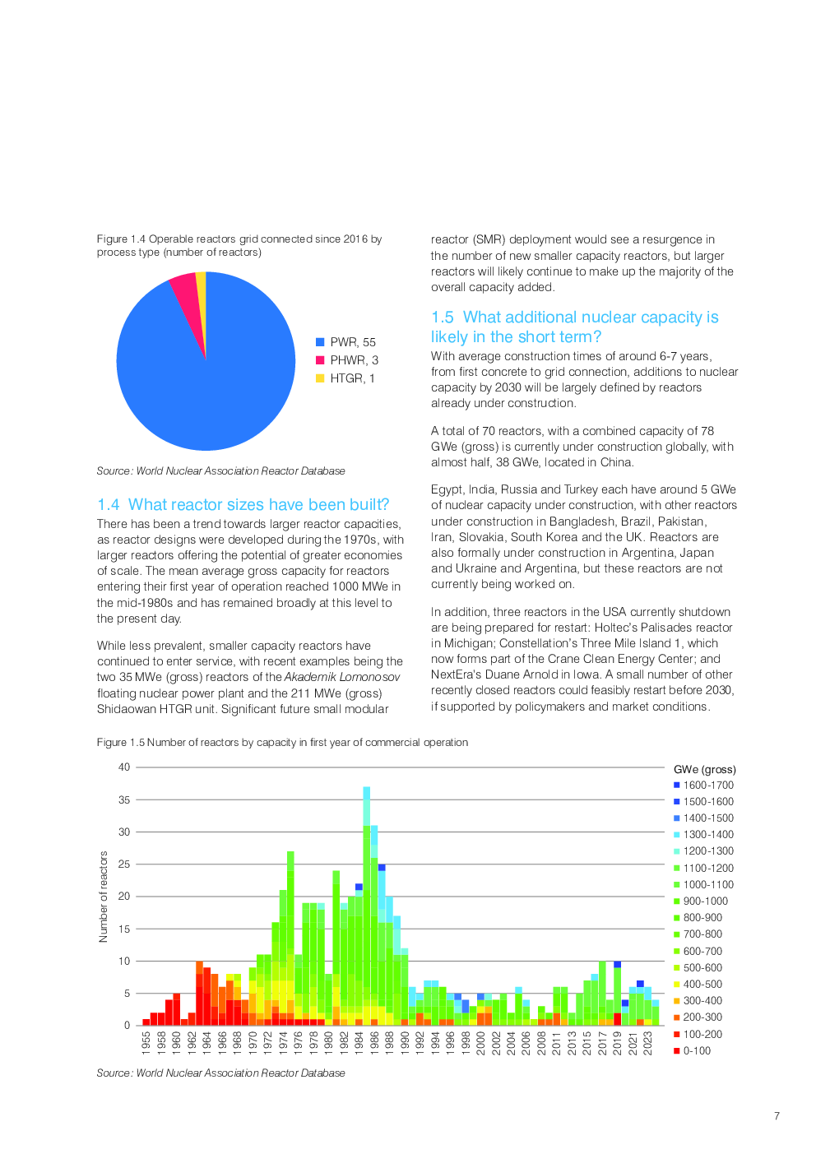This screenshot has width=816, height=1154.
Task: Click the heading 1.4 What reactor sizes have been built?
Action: tap(243, 505)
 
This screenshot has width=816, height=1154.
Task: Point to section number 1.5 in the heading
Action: tap(443, 317)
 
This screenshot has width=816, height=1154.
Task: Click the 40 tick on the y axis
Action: tap(124, 767)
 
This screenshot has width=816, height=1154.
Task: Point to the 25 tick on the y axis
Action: tap(124, 864)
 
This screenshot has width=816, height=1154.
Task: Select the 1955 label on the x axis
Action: tap(146, 1042)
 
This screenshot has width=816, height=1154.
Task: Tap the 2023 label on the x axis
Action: tap(648, 1042)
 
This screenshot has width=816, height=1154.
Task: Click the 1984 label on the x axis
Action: tap(359, 1042)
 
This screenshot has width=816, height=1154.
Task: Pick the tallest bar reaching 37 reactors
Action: tap(367, 905)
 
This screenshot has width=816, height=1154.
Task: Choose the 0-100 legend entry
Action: tap(696, 1051)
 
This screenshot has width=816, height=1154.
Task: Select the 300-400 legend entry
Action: tap(702, 1001)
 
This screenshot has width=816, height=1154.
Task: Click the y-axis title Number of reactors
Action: tap(104, 897)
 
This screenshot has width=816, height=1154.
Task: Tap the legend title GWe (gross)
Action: tap(704, 770)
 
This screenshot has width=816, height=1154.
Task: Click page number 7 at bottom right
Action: tap(777, 1116)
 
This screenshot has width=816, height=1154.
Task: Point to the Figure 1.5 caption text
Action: tap(282, 743)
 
